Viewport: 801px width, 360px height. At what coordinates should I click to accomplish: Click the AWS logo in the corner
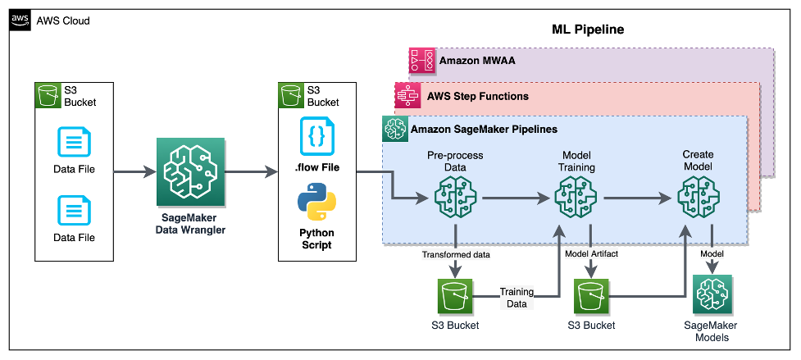(x=19, y=20)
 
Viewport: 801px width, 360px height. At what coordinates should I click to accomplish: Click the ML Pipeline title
(x=589, y=30)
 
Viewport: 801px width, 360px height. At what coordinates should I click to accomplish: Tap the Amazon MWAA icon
(x=422, y=61)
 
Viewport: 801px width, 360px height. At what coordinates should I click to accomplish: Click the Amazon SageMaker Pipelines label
(x=472, y=130)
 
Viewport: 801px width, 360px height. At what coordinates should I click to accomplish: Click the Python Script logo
(x=315, y=203)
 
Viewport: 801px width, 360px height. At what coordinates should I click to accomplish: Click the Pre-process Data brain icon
(x=453, y=198)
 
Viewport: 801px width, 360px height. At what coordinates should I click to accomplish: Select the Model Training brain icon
(x=576, y=198)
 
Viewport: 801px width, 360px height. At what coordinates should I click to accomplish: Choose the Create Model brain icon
(x=698, y=198)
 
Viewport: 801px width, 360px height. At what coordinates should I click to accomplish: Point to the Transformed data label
(x=453, y=254)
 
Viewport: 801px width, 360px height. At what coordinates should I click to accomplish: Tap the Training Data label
(x=516, y=297)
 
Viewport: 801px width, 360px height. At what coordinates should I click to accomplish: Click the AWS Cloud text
(x=63, y=21)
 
